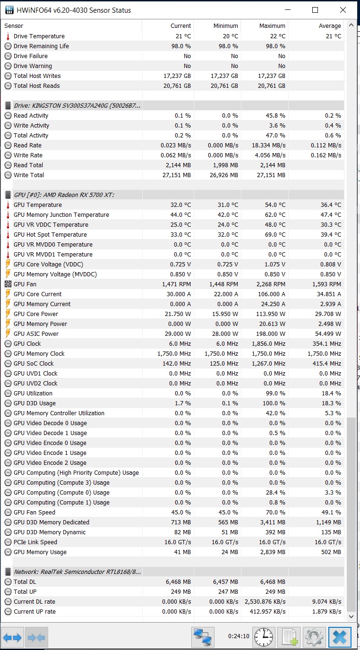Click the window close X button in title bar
[343, 10]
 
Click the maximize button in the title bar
[315, 10]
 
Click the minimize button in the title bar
[287, 10]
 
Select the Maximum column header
[272, 26]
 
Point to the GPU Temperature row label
[38, 205]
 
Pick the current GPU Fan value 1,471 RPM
[176, 284]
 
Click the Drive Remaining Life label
[41, 46]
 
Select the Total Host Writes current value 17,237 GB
[176, 76]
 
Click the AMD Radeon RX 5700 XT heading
[64, 195]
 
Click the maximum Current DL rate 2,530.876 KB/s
[265, 602]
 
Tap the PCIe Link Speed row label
[35, 542]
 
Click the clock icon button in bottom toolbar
[264, 636]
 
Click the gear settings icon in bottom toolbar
[314, 636]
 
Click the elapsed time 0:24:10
[239, 636]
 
